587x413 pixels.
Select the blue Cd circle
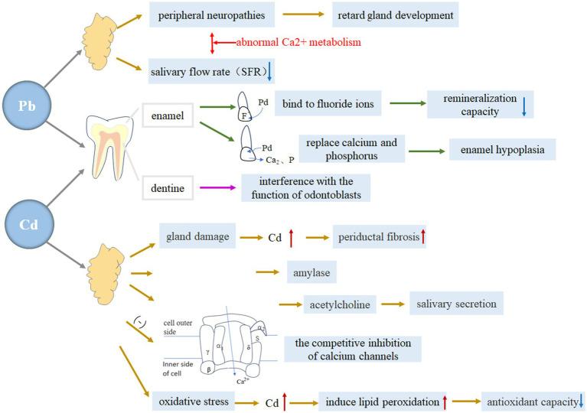pyautogui.click(x=28, y=225)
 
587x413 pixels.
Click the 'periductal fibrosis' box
pyautogui.click(x=378, y=237)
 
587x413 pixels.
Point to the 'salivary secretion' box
pyautogui.click(x=456, y=304)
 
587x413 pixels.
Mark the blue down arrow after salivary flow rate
pyautogui.click(x=269, y=73)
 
